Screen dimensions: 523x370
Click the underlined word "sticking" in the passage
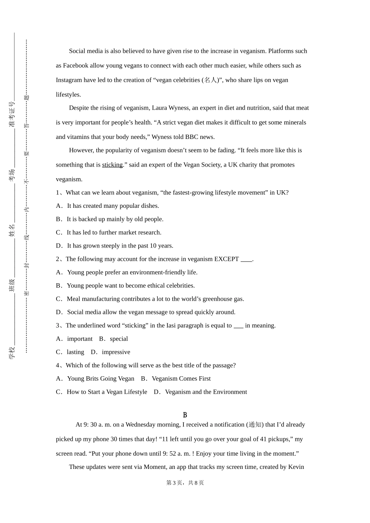click(112, 165)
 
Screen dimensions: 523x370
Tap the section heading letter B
click(185, 415)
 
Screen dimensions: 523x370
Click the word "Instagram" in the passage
click(69, 80)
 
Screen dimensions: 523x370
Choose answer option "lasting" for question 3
click(75, 352)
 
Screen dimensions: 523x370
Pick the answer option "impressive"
click(116, 352)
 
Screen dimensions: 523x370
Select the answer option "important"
click(79, 339)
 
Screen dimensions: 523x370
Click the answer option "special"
click(119, 339)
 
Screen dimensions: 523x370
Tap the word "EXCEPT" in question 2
click(226, 259)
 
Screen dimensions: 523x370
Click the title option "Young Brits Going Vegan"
click(100, 379)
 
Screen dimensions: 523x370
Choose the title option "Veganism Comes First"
click(181, 379)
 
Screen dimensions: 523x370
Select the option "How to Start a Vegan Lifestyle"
click(107, 392)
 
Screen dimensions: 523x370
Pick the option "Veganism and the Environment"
click(206, 392)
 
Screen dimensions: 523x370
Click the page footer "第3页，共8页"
click(185, 483)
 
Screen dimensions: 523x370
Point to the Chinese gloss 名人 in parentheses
click(210, 80)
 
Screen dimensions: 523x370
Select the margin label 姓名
click(12, 230)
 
